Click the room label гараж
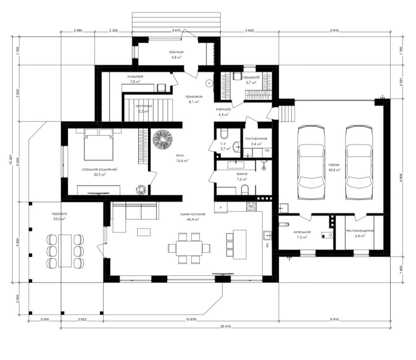[x=334, y=165]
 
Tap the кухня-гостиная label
[x=193, y=214]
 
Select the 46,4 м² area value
[x=193, y=219]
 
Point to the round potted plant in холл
[x=163, y=139]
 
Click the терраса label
[x=59, y=214]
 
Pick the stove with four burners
[x=251, y=206]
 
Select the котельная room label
[x=302, y=232]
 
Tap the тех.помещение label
[x=360, y=231]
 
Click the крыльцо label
[x=176, y=52]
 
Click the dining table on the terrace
[x=65, y=251]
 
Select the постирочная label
[x=256, y=138]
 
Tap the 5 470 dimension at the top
[x=176, y=31]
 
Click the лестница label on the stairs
[x=144, y=106]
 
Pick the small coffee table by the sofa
[x=144, y=232]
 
